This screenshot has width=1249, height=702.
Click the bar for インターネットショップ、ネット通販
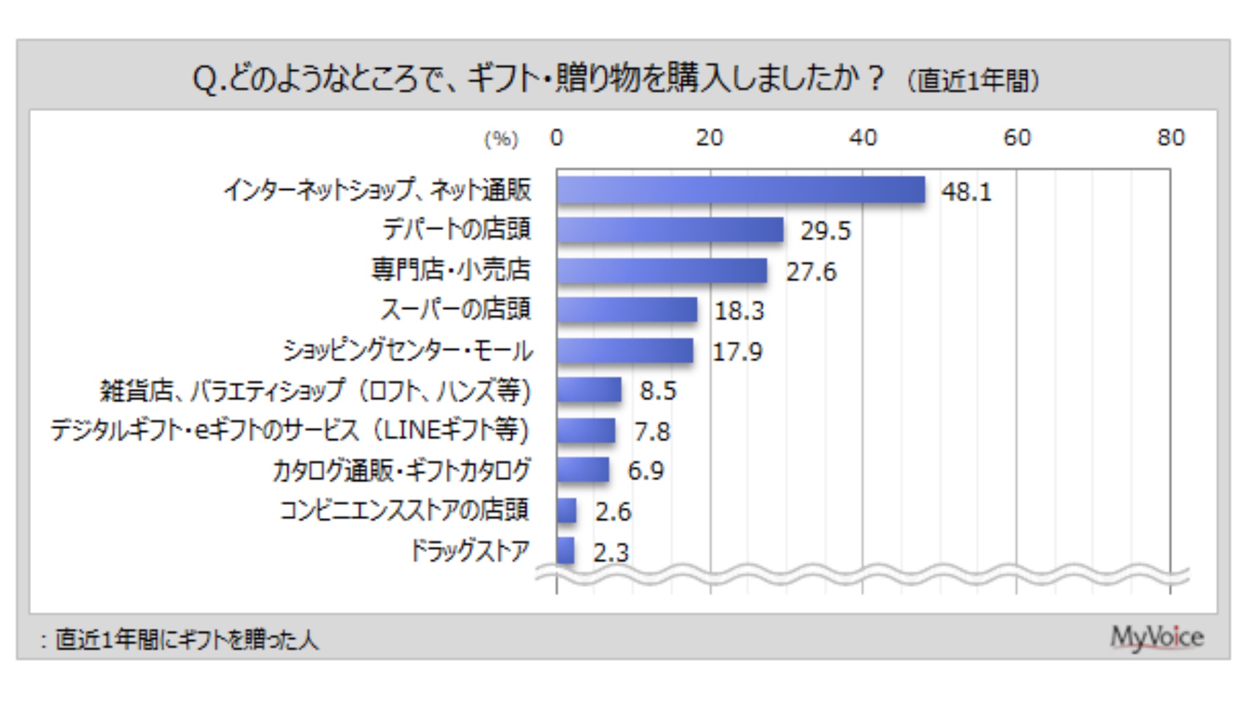pos(740,190)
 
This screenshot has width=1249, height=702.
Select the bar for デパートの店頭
pos(669,229)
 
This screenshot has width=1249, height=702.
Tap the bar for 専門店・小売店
pos(662,270)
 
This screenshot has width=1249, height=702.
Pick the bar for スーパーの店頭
pos(626,310)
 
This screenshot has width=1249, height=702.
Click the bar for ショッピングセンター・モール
pos(624,351)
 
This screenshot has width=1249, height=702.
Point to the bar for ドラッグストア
pos(565,551)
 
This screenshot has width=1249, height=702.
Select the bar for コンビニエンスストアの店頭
pos(566,510)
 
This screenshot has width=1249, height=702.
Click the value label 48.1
pos(966,192)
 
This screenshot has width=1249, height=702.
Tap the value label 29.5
pos(825,231)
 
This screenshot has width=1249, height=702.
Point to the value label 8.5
pos(658,391)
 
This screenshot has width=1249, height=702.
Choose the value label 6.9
pos(645,471)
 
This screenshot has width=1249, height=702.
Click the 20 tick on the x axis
pos(709,138)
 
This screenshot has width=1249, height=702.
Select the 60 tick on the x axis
pos(1017,138)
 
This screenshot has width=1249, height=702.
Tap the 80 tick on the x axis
pos(1170,138)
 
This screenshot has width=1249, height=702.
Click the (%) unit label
pos(501,139)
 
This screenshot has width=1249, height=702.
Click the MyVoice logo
pos(1157,638)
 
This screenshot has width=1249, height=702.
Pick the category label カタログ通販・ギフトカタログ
pos(401,471)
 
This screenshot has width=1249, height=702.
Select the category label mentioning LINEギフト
pos(290,430)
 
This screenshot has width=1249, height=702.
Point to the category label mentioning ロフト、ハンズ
pos(315,391)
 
